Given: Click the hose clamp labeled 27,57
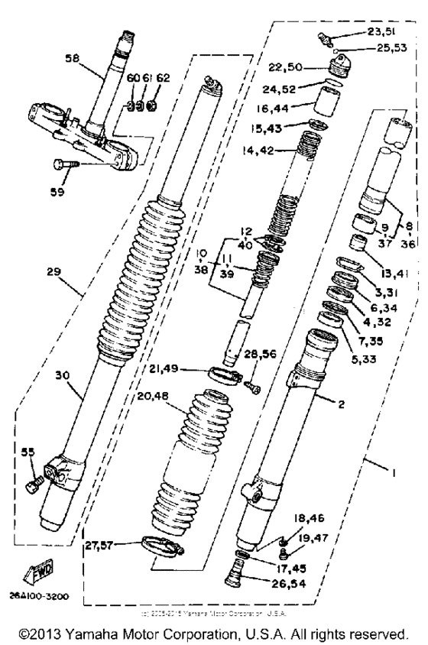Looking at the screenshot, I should point(162,546).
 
